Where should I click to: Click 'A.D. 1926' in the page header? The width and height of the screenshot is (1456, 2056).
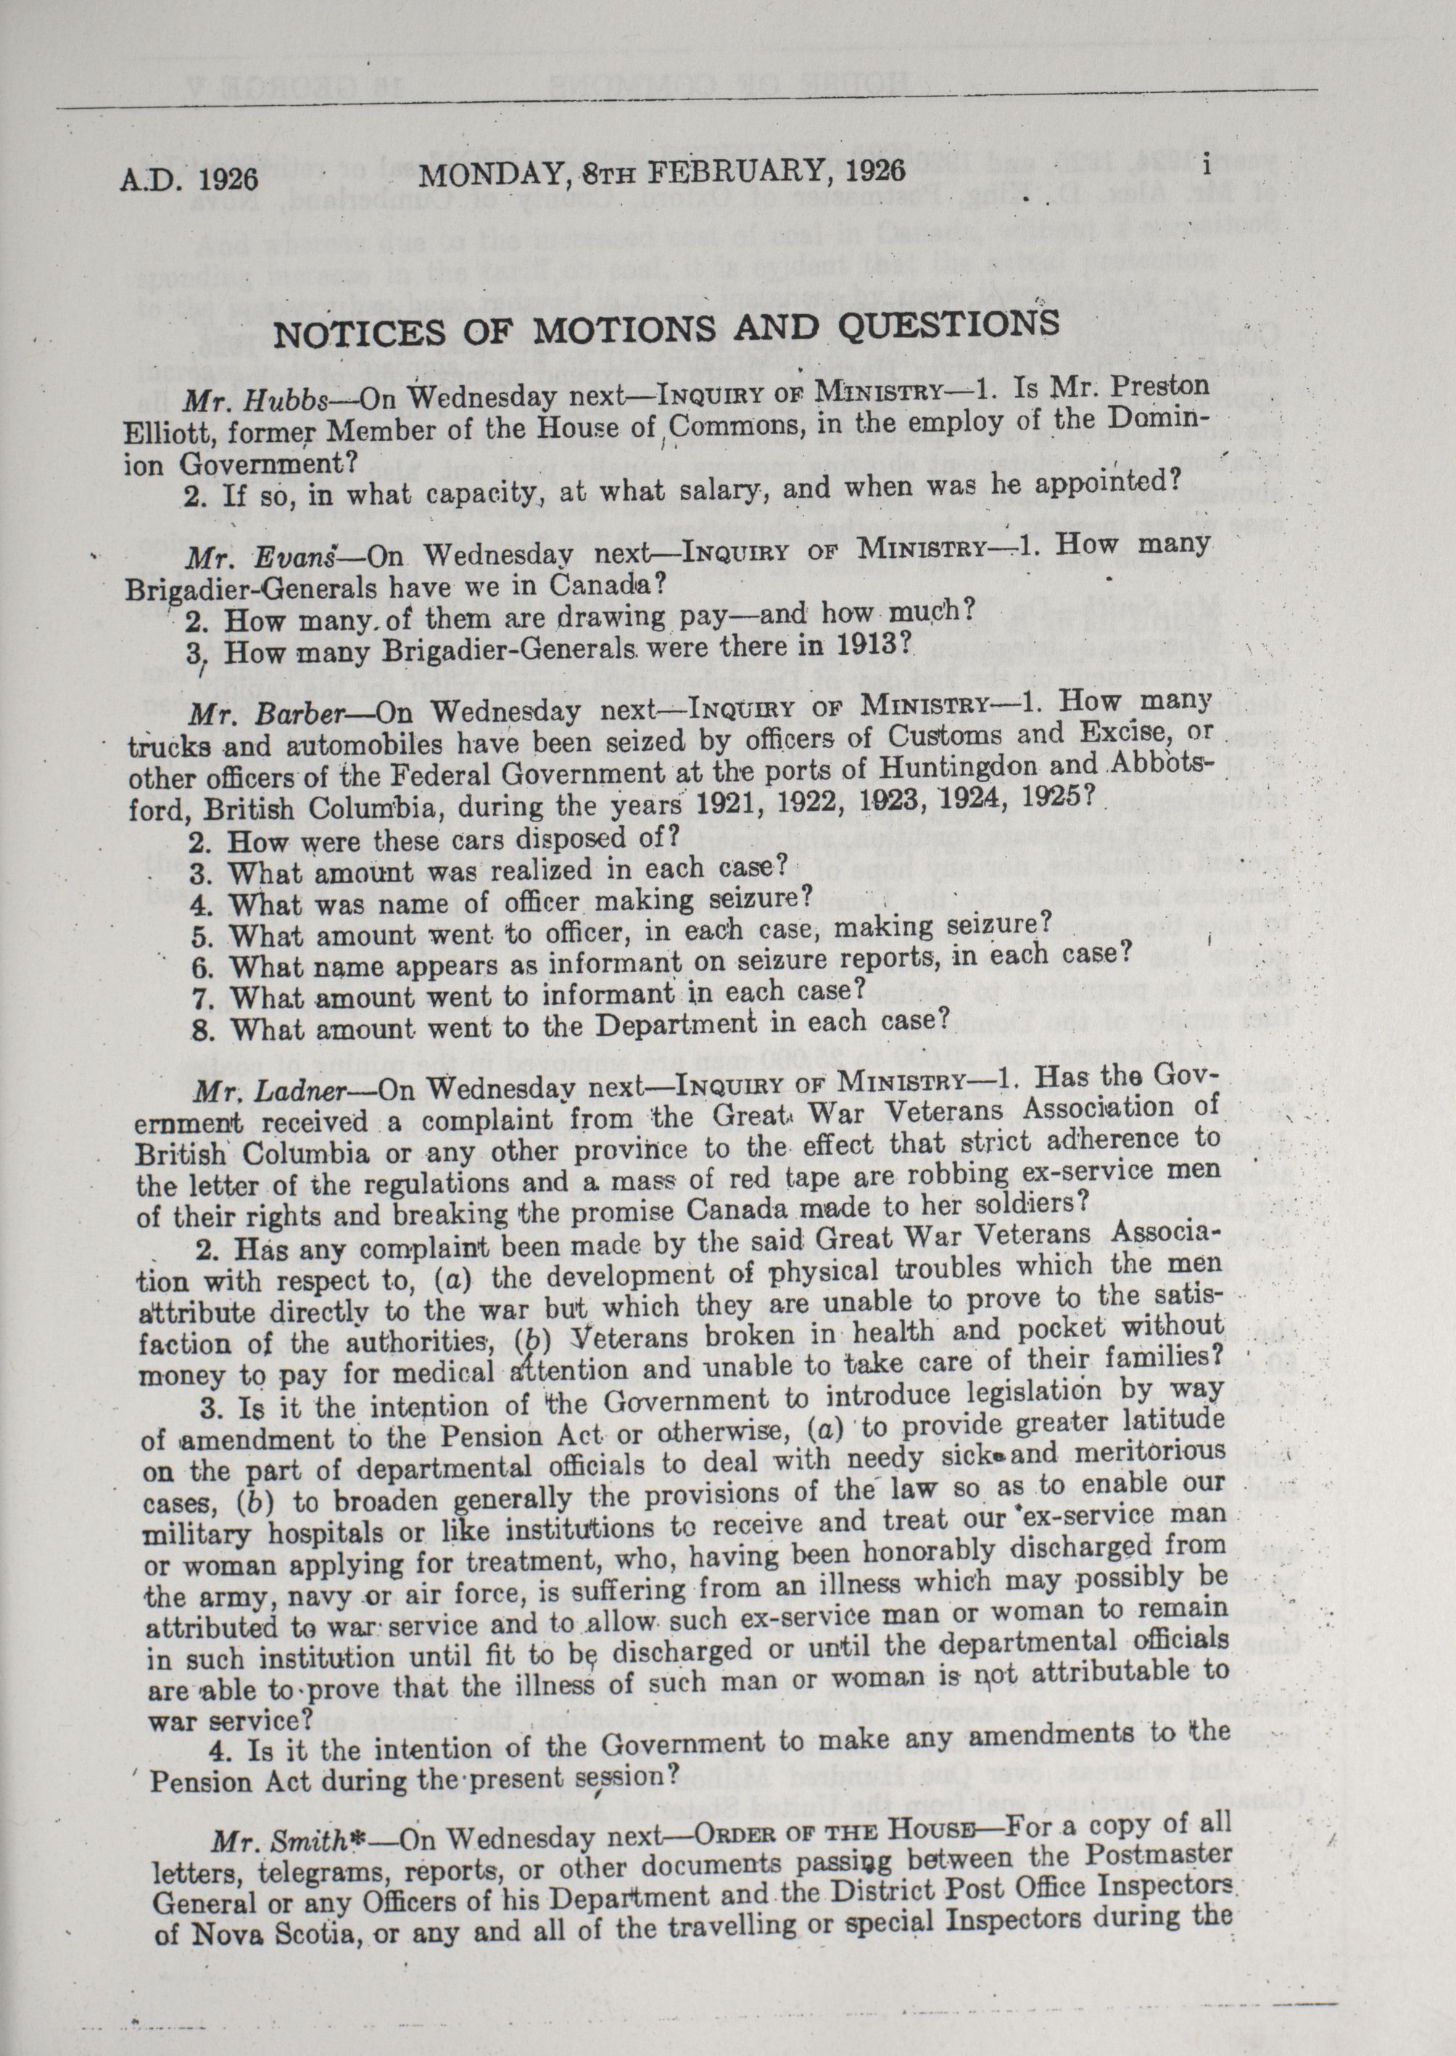[189, 178]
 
